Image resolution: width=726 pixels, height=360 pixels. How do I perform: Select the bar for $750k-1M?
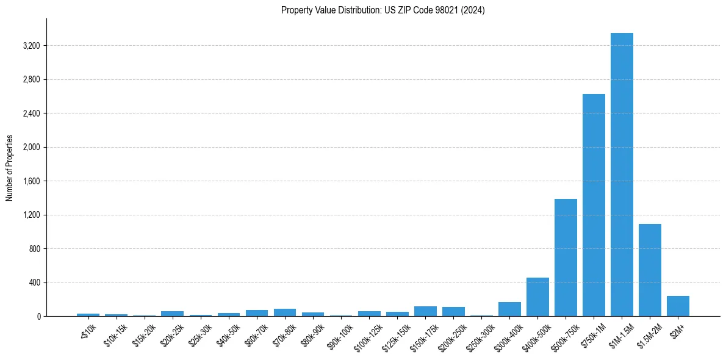point(594,205)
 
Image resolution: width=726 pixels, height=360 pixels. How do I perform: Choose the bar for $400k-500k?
point(537,297)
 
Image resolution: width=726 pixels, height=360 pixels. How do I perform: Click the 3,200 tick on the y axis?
point(31,46)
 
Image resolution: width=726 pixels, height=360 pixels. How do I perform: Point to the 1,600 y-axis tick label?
point(31,181)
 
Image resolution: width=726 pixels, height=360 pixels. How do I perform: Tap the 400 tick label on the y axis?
point(34,283)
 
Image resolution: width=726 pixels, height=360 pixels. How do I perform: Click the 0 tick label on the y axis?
point(38,317)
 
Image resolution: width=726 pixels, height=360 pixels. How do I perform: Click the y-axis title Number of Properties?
point(10,168)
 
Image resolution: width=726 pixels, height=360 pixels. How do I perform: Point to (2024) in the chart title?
point(473,10)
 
